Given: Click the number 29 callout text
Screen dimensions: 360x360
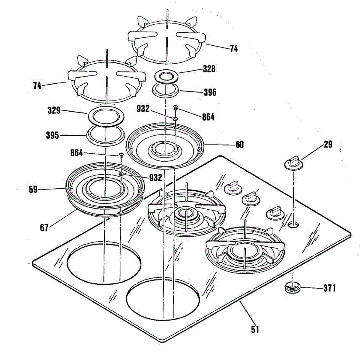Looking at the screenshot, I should pos(328,145).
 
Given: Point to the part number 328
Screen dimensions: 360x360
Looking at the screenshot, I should pos(209,69).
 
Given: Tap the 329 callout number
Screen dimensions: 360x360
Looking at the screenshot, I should pos(54,111).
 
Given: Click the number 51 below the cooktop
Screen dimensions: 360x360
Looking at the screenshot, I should pos(255,329).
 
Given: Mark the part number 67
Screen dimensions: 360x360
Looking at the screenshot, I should pos(44,228).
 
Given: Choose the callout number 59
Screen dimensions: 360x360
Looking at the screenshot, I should pos(33,190).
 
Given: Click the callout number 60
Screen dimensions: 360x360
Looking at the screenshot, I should pos(239,145).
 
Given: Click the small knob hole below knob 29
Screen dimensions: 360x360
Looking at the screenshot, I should pos(293,224).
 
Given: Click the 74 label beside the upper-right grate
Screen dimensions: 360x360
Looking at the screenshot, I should pos(234,49).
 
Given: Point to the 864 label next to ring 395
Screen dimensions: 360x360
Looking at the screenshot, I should pos(76,153).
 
